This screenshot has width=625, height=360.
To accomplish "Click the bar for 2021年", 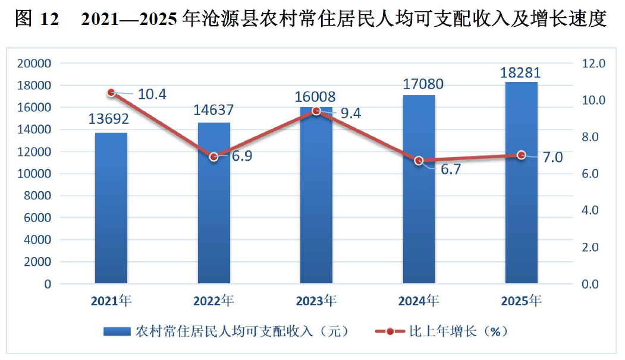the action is (x=111, y=208).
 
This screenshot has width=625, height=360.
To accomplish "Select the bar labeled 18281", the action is (x=522, y=183).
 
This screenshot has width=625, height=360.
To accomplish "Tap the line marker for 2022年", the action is (x=214, y=156).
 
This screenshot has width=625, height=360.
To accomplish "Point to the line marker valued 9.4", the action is (x=316, y=111).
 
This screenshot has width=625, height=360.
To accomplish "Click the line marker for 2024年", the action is (x=419, y=161).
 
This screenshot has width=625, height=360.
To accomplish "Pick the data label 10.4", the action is (x=152, y=95).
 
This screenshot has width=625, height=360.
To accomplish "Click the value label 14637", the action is (x=213, y=110).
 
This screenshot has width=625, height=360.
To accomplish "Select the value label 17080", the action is (x=423, y=84).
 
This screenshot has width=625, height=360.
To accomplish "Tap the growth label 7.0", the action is (x=553, y=158).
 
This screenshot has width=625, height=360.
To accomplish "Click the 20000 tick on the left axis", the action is (x=34, y=64).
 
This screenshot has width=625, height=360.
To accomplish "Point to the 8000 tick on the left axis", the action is (x=37, y=196).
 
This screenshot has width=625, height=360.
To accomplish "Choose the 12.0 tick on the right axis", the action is (x=593, y=64).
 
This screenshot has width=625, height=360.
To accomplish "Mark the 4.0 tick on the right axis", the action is (x=591, y=211).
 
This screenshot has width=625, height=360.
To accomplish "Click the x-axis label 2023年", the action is (x=316, y=301).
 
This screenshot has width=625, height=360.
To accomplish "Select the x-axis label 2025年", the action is (x=521, y=301).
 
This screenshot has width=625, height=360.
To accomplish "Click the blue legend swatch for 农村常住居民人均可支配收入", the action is (x=117, y=331).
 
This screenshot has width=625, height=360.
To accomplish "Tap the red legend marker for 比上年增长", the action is (x=390, y=331).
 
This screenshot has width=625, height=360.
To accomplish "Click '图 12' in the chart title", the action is (x=37, y=18).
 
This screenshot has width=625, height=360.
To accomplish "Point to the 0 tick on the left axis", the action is (x=48, y=284).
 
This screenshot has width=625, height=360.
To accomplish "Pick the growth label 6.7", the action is (x=451, y=170).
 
